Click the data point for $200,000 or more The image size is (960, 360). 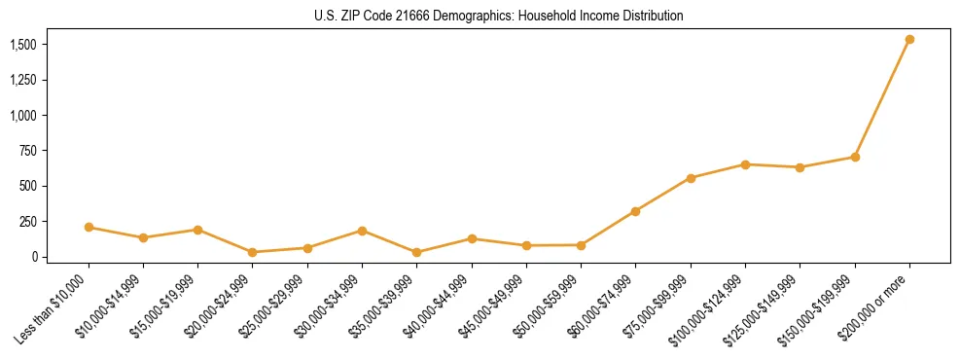[909, 40]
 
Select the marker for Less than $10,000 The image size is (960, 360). [89, 228]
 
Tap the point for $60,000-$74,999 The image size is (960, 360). [635, 211]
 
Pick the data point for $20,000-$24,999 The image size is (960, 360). [253, 252]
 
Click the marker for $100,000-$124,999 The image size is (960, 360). [745, 164]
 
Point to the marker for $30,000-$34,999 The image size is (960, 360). [362, 231]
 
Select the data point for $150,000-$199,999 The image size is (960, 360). [855, 157]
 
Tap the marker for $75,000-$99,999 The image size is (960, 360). [691, 178]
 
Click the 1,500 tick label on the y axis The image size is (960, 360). [23, 45]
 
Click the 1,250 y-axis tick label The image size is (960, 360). [23, 80]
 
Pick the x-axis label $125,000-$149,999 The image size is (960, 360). [767, 307]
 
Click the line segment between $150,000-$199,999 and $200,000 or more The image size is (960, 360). [882, 98]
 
